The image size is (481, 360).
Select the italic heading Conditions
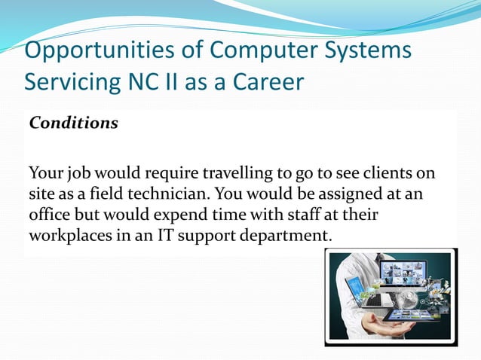pos(74,124)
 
